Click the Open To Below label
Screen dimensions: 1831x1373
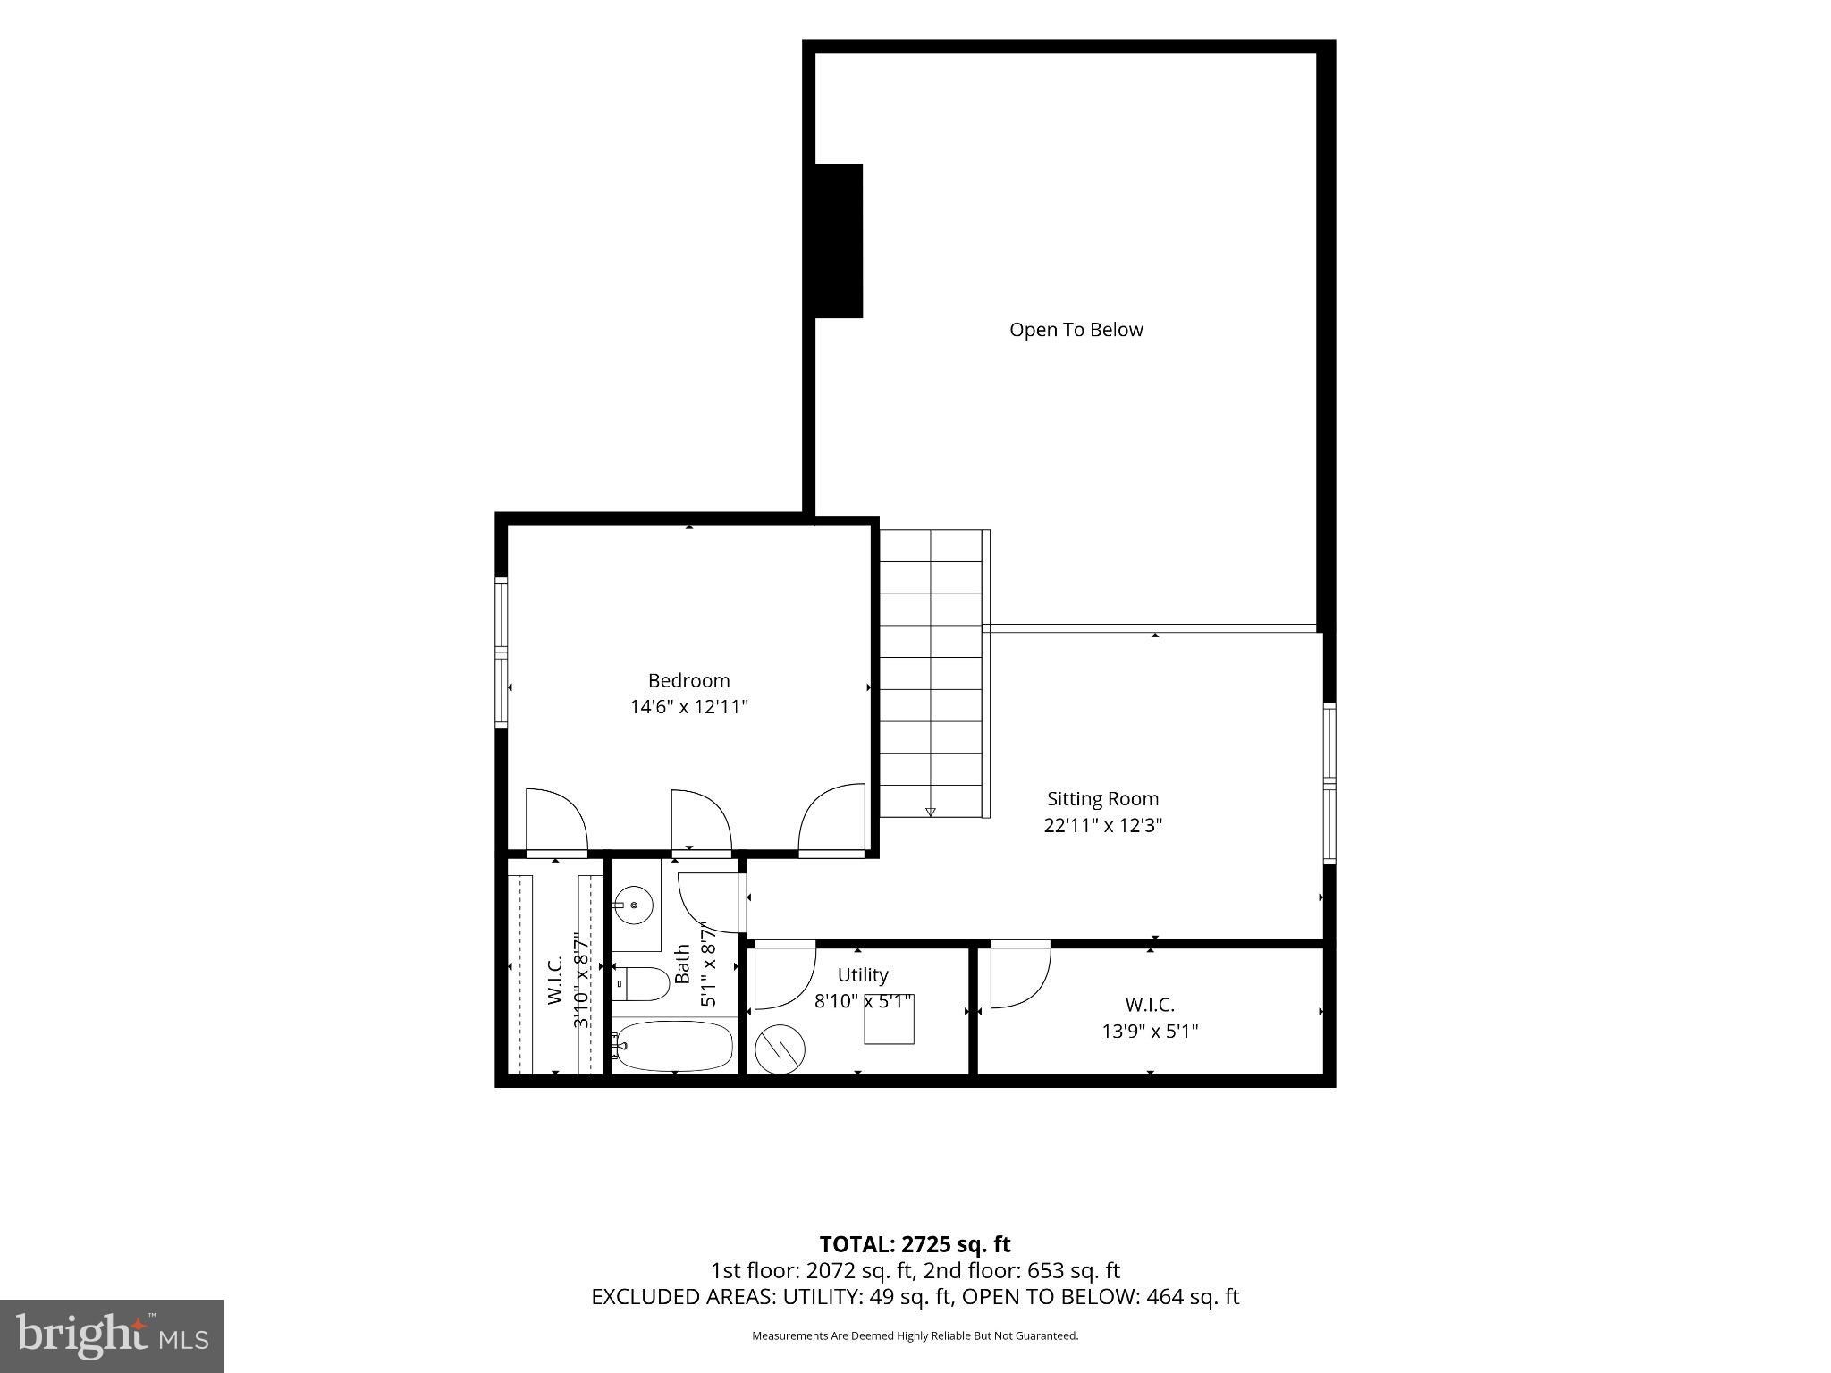pyautogui.click(x=1076, y=330)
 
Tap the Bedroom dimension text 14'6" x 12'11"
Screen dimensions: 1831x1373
pyautogui.click(x=688, y=707)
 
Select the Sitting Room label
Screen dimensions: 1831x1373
pyautogui.click(x=1102, y=799)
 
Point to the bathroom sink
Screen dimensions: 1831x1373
pyautogui.click(x=634, y=905)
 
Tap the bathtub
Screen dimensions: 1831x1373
pyautogui.click(x=674, y=1046)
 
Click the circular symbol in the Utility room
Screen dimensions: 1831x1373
pyautogui.click(x=780, y=1049)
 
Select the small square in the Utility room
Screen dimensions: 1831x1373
pyautogui.click(x=889, y=1019)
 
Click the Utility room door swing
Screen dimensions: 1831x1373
pyautogui.click(x=785, y=975)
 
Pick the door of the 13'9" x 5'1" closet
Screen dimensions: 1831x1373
pyautogui.click(x=1020, y=974)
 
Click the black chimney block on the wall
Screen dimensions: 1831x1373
pyautogui.click(x=839, y=241)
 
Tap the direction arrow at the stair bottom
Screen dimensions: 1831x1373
pyautogui.click(x=930, y=812)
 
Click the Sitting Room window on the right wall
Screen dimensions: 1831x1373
pyautogui.click(x=1329, y=783)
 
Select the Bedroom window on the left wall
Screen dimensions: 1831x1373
pyautogui.click(x=502, y=652)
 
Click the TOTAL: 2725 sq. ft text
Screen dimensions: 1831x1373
pyautogui.click(x=915, y=1244)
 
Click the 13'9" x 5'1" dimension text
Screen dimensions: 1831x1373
pyautogui.click(x=1150, y=1032)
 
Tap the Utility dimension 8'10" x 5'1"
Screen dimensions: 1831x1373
pyautogui.click(x=864, y=1002)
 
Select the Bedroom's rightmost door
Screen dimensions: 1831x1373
pyautogui.click(x=831, y=820)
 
